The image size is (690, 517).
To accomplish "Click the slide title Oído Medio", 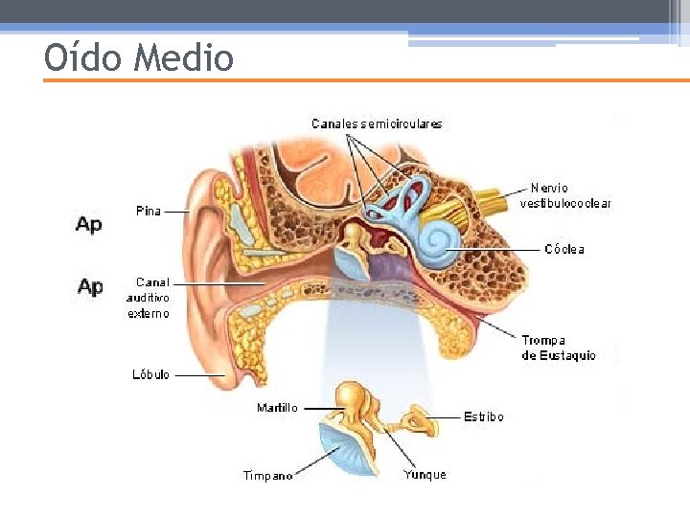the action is [x=139, y=58].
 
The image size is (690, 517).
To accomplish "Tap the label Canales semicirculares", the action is [x=377, y=124].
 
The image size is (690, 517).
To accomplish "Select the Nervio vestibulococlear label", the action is [x=565, y=195].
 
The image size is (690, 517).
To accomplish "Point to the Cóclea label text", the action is [x=564, y=250].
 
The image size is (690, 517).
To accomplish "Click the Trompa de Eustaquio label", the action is [x=558, y=348].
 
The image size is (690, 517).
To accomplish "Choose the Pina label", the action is [x=148, y=211].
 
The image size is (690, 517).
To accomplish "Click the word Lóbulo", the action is [x=150, y=374].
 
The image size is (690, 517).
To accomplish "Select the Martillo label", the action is [x=277, y=408].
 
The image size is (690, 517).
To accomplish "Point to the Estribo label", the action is [x=484, y=416].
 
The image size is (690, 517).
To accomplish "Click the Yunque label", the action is [x=425, y=474].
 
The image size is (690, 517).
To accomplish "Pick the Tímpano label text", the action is [x=268, y=476].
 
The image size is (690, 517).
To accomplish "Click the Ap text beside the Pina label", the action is [x=89, y=224].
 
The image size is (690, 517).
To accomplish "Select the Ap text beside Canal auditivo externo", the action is [x=90, y=286].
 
